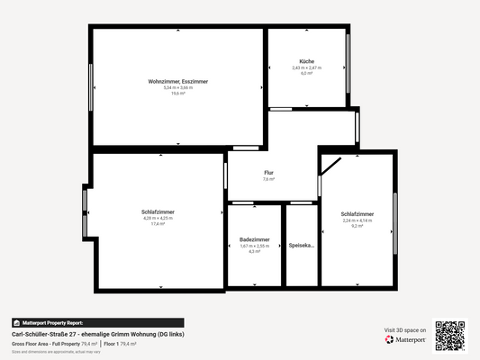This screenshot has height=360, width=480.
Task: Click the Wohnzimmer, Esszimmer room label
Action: click(178, 82)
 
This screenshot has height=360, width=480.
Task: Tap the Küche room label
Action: click(307, 61)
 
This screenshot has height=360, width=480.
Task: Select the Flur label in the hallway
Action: click(268, 172)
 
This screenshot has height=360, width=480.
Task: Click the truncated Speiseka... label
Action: click(302, 245)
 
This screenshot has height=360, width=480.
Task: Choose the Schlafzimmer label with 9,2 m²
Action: click(358, 213)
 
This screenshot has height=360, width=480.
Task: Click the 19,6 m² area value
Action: click(178, 93)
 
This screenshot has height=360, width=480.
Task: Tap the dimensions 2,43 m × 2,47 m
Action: click(307, 67)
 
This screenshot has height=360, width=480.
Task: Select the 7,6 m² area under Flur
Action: click(268, 179)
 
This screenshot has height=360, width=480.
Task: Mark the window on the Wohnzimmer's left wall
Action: click(91, 87)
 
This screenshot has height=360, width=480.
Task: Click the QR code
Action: click(450, 335)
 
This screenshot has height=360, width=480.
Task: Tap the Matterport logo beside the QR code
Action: click(405, 339)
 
